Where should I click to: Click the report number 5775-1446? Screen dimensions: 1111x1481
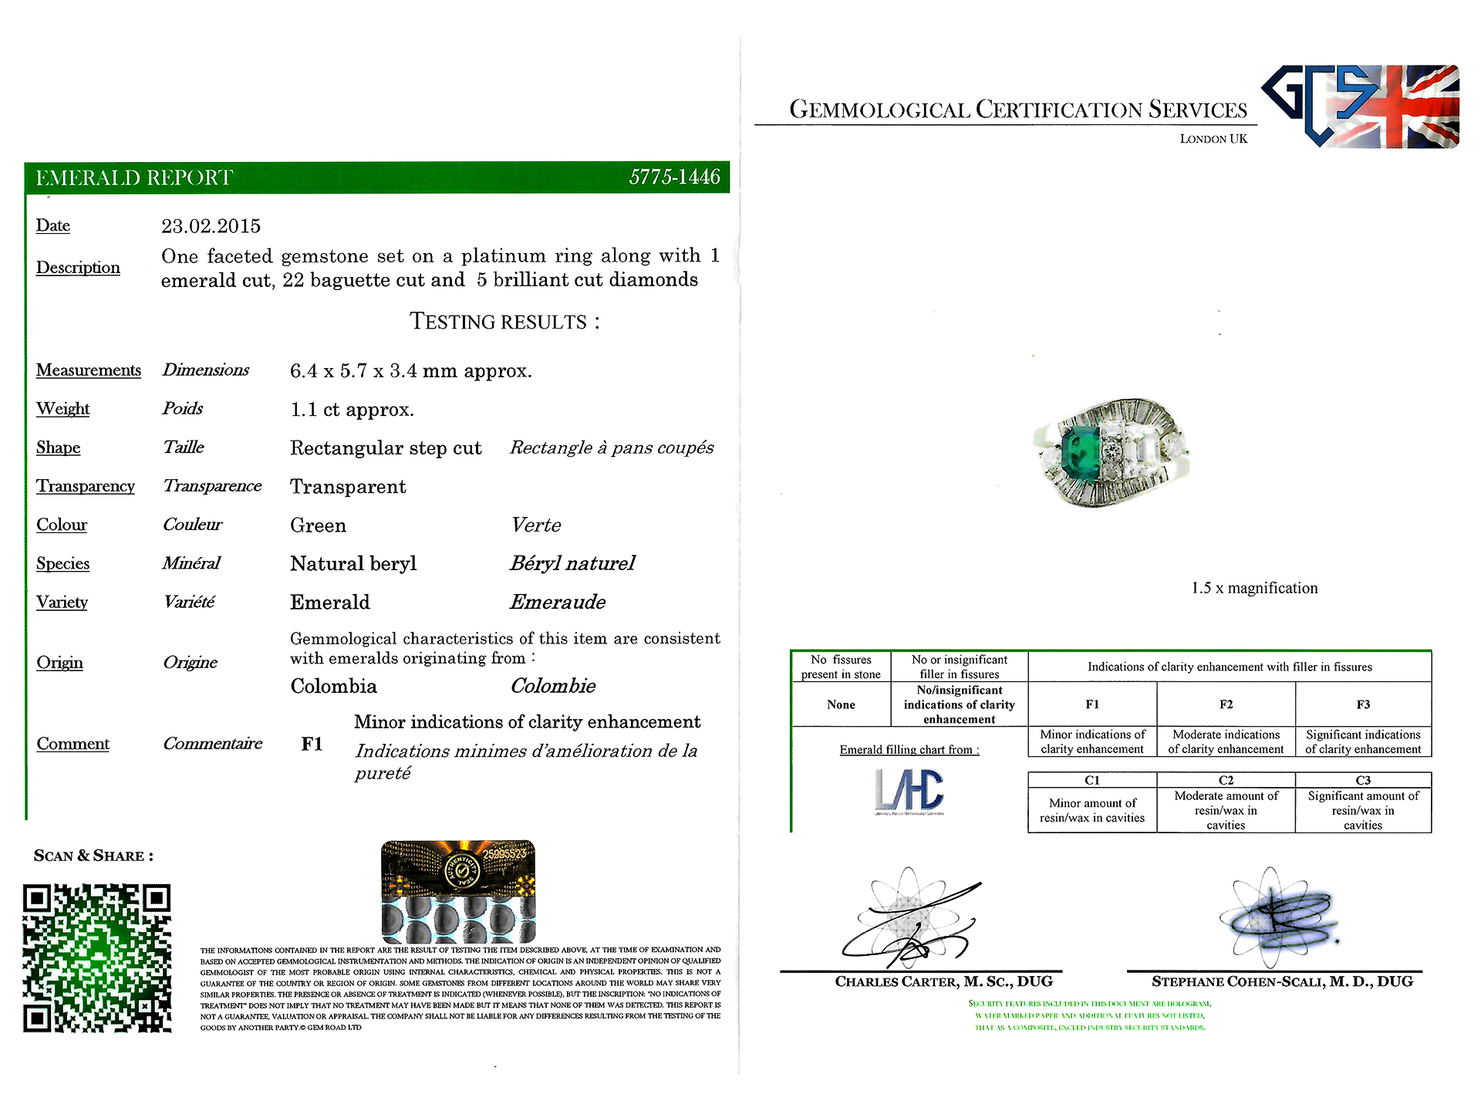point(674,177)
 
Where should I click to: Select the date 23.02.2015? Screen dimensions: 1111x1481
point(211,226)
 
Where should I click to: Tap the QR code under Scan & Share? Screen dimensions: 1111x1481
point(97,957)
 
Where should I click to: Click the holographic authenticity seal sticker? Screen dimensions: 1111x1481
point(458,891)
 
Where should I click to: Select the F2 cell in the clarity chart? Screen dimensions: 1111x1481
point(1226,704)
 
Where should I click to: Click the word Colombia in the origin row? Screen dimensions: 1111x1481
point(333,686)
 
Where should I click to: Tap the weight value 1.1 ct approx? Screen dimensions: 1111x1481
point(352,410)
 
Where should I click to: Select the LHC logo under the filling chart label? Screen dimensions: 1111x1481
point(909,792)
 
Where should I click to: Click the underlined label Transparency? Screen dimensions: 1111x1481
point(86,486)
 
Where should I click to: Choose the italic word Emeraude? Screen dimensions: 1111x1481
point(558,602)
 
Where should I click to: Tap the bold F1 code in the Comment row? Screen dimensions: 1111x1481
point(312,744)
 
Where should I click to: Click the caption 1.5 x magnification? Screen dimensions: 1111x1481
point(1254,588)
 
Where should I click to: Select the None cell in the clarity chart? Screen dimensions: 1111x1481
point(841,704)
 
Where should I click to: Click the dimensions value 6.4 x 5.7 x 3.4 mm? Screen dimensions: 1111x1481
point(410,371)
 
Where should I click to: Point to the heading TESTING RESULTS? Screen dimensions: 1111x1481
point(504,322)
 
